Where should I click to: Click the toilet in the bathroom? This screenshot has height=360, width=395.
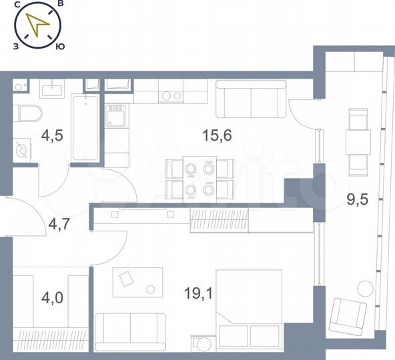click(29, 114)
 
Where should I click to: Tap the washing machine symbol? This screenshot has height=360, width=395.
click(25, 148)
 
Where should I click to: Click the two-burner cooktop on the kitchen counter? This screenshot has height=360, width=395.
click(171, 95)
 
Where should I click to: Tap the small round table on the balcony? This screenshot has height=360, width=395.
click(364, 289)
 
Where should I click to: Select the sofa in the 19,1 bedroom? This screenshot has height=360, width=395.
click(130, 331)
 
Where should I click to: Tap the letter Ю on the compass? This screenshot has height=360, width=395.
click(60, 47)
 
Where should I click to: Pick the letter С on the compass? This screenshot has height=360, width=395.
click(16, 5)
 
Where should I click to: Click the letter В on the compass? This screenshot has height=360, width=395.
click(60, 5)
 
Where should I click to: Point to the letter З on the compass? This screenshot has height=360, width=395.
click(15, 47)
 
